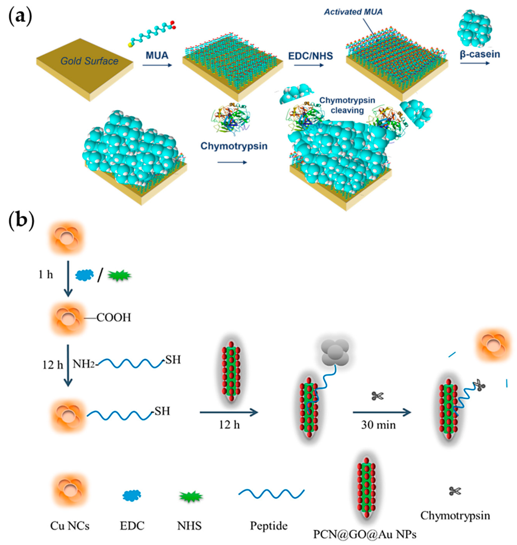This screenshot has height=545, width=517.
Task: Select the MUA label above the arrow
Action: coord(157,55)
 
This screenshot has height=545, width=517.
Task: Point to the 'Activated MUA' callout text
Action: coord(353,12)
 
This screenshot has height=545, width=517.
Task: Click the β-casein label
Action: coord(480,54)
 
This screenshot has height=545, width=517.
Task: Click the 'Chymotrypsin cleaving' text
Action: coord(347,105)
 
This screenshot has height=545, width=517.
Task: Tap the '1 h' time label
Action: coord(45,275)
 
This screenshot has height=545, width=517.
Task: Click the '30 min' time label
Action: coord(378,425)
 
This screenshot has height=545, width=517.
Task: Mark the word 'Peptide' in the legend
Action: coord(269,526)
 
